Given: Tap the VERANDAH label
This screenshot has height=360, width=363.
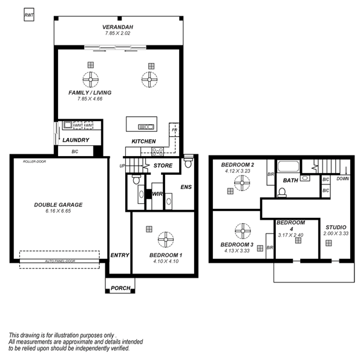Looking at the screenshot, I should click(118, 27).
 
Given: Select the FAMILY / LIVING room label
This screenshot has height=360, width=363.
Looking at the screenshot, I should click(90, 93).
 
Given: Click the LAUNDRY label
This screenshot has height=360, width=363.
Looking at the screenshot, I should click(76, 140).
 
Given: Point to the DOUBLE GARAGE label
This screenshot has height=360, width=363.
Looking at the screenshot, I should click(58, 205).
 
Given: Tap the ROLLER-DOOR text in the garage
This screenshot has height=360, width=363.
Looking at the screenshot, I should click(34, 162).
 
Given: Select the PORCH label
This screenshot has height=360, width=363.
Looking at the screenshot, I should click(120, 288).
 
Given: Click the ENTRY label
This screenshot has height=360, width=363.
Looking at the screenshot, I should click(120, 255).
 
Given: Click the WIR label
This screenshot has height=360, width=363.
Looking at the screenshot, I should click(157, 194).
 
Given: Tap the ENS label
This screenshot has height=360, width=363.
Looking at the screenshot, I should click(186, 187).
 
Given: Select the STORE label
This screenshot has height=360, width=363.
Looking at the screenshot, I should click(163, 165).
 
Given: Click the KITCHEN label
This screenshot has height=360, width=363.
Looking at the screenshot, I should click(144, 142).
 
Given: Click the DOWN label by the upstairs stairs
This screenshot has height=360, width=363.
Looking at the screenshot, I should click(342, 178).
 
